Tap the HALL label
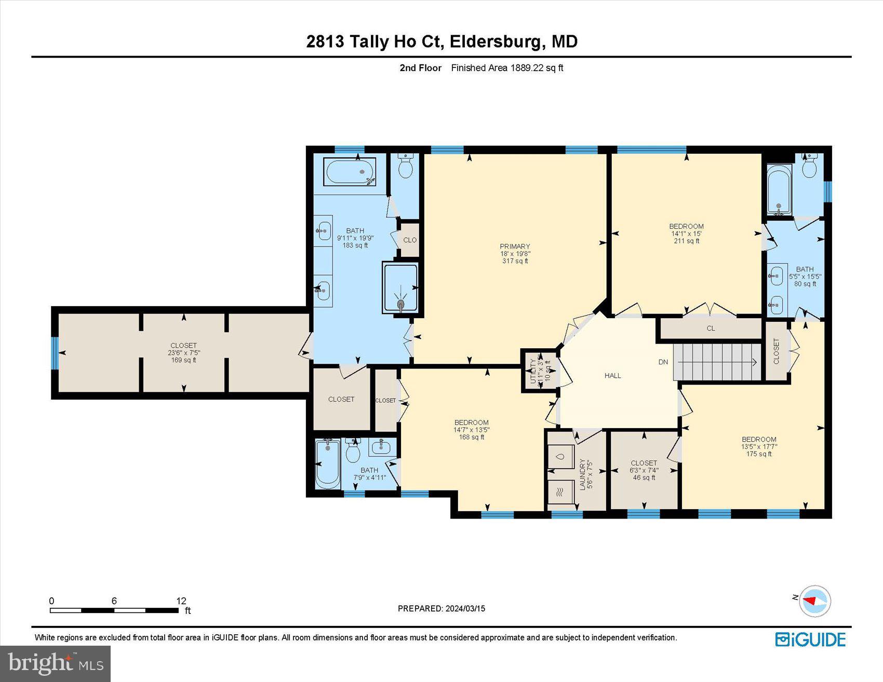[x=612, y=375]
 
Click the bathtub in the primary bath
[x=350, y=172]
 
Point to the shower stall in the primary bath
[x=400, y=288]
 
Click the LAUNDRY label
[x=582, y=473]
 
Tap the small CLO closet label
[x=410, y=240]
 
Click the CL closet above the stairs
[x=711, y=328]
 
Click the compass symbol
[x=814, y=601]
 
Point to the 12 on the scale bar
[x=181, y=601]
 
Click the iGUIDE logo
[x=810, y=639]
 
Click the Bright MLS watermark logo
[x=55, y=663]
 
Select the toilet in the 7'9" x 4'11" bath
[x=353, y=451]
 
